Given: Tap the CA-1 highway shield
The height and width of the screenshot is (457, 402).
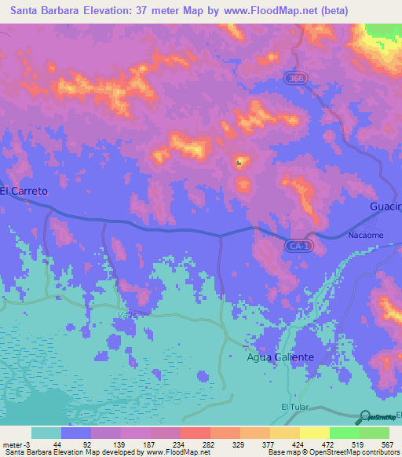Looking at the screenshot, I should point(293,246).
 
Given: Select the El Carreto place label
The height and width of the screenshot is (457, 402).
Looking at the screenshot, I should point(24,191).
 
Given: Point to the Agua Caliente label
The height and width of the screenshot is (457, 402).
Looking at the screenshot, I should point(280,357).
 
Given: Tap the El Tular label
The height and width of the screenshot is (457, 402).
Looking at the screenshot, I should point(297,407).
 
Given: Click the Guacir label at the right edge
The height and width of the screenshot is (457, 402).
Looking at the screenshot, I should point(386,207).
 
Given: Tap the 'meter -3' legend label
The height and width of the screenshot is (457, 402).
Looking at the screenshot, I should point(15,444).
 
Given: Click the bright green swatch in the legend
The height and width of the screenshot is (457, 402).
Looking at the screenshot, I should point(345,433).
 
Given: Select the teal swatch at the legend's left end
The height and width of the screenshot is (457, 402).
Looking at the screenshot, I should point(46,433).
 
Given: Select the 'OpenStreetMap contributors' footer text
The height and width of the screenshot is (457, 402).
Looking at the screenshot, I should point(350,452).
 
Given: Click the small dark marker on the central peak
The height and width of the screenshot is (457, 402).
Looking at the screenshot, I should point(239,163).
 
